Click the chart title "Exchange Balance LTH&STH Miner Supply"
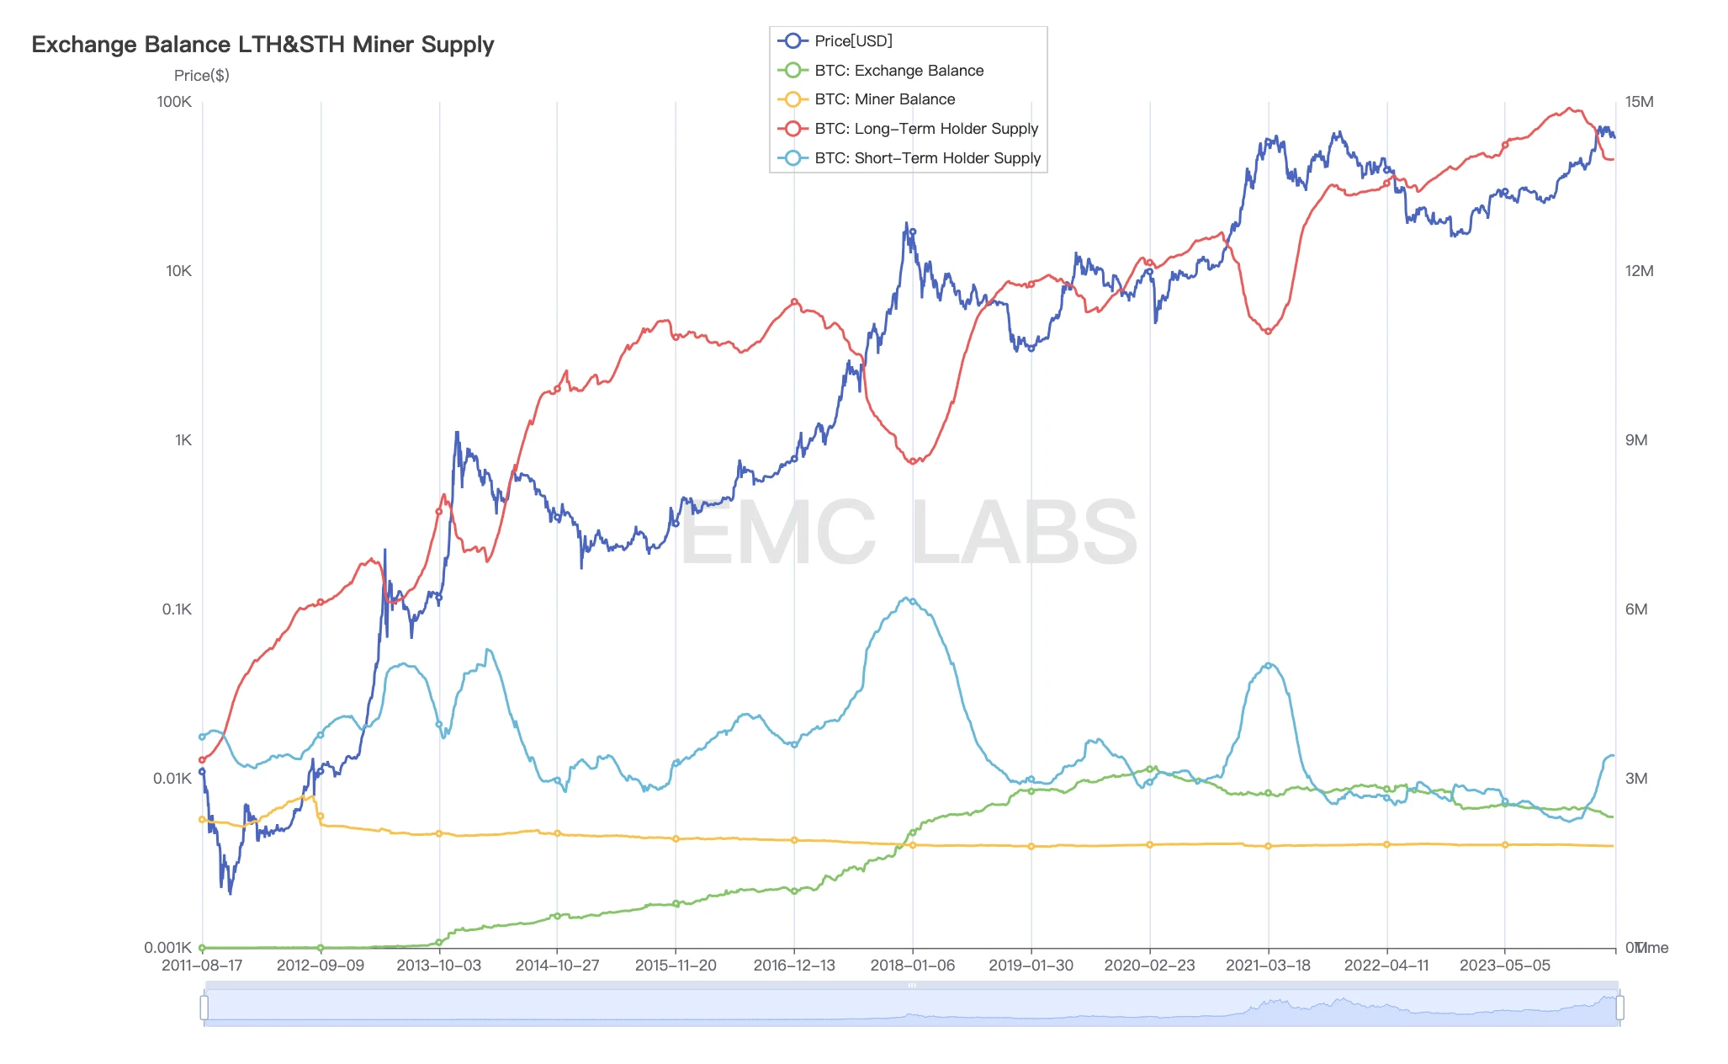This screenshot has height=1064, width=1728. [x=262, y=45]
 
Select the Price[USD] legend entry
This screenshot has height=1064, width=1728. [x=852, y=40]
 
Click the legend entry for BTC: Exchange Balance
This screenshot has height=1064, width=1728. [x=898, y=71]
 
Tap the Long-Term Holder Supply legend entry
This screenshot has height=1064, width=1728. [x=925, y=129]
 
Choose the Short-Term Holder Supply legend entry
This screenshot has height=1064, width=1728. [x=926, y=158]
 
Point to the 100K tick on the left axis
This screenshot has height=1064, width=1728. [x=174, y=102]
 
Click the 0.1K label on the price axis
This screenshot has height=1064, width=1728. [x=177, y=609]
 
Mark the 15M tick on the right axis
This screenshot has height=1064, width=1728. [x=1639, y=102]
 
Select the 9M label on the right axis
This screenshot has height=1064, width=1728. [x=1636, y=440]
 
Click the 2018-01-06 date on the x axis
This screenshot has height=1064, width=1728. [x=912, y=966]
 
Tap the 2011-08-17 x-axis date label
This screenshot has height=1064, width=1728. [x=202, y=966]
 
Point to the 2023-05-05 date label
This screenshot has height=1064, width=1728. [x=1504, y=966]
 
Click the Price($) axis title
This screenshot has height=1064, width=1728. [x=201, y=76]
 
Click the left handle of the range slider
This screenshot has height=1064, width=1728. [x=204, y=1008]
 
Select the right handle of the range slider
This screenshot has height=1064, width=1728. [x=1619, y=1008]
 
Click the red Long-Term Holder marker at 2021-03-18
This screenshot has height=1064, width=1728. [x=1268, y=331]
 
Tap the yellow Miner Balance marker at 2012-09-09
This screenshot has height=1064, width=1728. [x=321, y=816]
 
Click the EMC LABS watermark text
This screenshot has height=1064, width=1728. [x=909, y=533]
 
